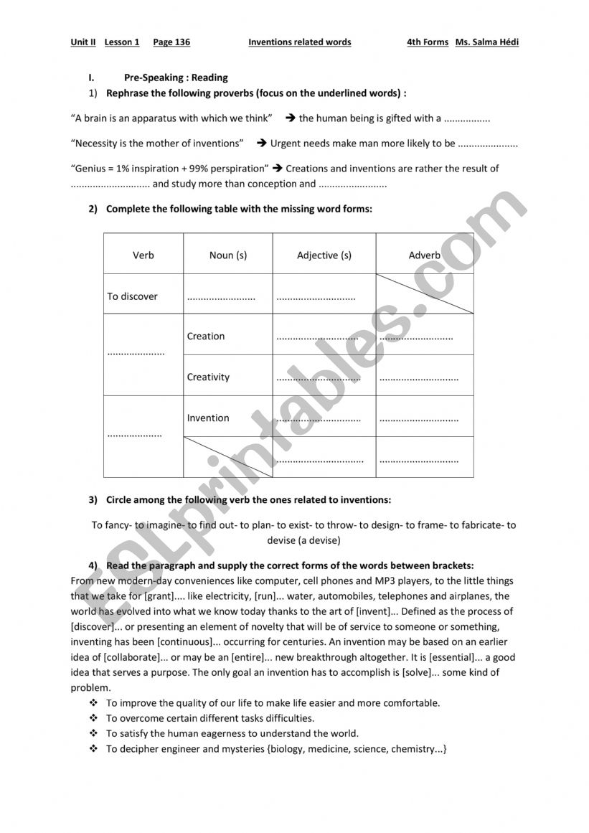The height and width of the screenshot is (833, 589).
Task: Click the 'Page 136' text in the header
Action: (171, 42)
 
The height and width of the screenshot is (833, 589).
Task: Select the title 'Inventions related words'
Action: (300, 42)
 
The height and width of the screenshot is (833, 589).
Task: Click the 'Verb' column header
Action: (143, 255)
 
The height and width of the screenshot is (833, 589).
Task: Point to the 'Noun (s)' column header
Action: (228, 255)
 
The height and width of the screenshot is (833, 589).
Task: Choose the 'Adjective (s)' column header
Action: (324, 255)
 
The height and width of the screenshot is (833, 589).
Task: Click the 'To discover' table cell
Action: (133, 296)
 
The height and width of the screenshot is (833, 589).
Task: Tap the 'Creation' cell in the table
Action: (206, 337)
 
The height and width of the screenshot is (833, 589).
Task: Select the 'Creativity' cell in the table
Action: (209, 377)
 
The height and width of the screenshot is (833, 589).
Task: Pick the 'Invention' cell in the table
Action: (208, 418)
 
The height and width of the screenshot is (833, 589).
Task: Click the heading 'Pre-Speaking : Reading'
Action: (176, 77)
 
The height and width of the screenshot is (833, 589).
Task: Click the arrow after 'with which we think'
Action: (291, 118)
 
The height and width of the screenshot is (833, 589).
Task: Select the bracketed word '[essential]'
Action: (451, 657)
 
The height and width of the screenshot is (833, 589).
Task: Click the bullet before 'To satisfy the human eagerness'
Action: (93, 733)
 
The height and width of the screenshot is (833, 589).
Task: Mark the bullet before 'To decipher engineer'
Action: (93, 749)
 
